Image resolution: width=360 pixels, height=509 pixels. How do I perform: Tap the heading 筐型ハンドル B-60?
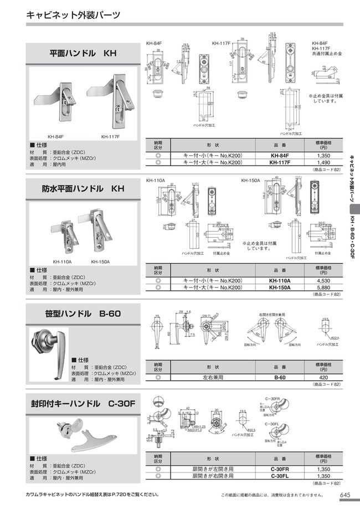pos(82,313)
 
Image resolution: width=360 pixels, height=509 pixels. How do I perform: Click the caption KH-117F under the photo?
pos(110,136)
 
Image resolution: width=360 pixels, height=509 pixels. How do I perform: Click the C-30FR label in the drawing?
pos(275,399)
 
